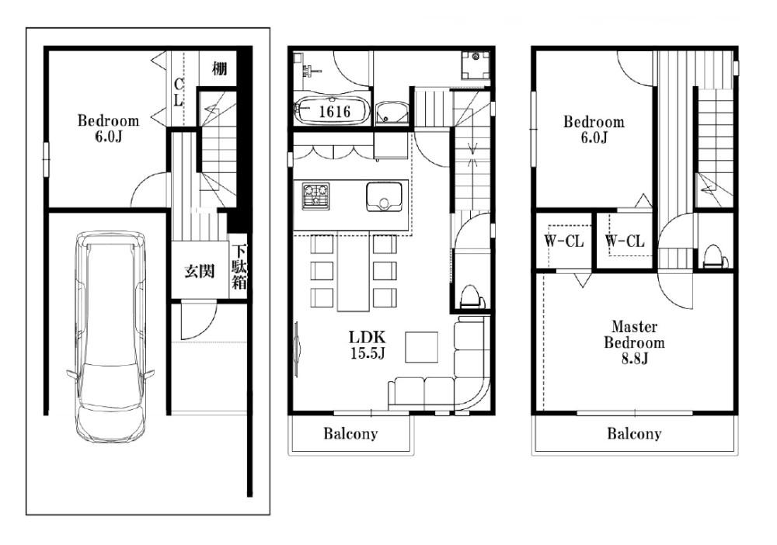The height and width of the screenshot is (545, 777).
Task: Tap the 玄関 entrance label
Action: point(199,271)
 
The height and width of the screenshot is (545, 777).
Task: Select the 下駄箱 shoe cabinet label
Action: point(239,267)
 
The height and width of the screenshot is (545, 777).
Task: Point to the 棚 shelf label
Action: point(219,68)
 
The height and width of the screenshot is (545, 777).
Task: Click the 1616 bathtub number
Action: point(334,111)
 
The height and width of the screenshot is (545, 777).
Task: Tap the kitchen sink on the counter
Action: point(384,196)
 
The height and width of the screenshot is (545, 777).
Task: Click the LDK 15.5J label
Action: point(368,345)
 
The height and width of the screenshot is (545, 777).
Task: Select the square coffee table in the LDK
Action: point(422,347)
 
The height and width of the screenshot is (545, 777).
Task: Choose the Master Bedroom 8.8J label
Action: point(634,342)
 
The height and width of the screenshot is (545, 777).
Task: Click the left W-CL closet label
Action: point(564,241)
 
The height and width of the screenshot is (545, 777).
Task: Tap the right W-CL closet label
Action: point(625,241)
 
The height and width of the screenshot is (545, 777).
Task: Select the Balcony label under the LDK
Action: point(350,434)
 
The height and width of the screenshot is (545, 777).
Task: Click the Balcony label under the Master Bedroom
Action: point(634,434)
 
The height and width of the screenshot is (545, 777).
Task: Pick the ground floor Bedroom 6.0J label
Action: point(108,128)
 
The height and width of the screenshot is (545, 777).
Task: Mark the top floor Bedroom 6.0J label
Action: point(594,129)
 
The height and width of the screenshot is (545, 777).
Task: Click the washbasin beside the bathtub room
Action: point(392,113)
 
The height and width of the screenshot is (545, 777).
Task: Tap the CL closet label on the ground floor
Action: point(179,92)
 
